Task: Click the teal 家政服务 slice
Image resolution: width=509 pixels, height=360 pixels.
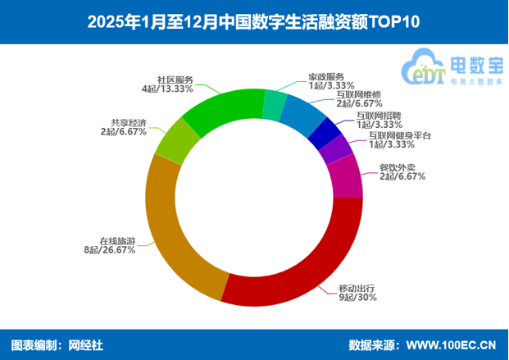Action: pyautogui.click(x=275, y=105)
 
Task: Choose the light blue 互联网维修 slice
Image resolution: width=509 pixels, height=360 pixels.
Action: pyautogui.click(x=301, y=116)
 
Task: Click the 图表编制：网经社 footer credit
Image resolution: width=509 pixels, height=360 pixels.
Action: pyautogui.click(x=57, y=344)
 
